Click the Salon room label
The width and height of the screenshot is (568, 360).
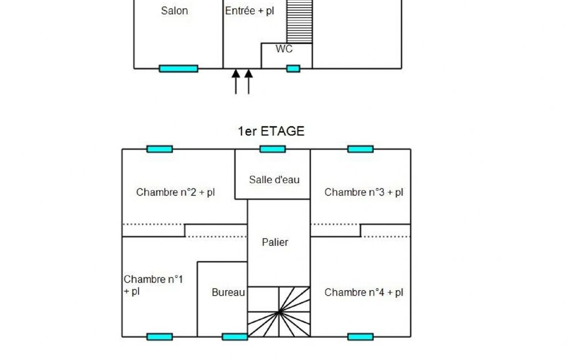tap(174, 11)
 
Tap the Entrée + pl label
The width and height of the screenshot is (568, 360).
tap(249, 11)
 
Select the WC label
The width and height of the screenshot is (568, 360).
tap(284, 49)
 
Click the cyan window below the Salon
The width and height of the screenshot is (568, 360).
tap(178, 69)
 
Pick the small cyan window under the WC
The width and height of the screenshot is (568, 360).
tap(293, 69)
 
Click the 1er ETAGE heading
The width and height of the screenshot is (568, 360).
tap(271, 131)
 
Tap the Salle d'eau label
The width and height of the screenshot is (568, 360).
tap(274, 179)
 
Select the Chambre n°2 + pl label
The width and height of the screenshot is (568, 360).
tap(175, 193)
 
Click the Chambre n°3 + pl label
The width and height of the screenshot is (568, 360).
tap(364, 193)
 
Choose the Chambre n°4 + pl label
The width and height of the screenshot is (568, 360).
tap(364, 292)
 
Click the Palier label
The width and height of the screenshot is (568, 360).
tap(275, 242)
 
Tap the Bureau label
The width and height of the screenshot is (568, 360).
tap(228, 292)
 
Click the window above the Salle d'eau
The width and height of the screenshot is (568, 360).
tap(273, 149)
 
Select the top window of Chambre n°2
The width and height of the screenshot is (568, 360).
tap(160, 149)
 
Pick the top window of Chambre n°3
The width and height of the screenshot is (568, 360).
tap(360, 149)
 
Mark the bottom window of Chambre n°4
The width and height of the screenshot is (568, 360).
tap(360, 337)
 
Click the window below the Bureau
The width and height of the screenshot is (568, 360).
tap(235, 337)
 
